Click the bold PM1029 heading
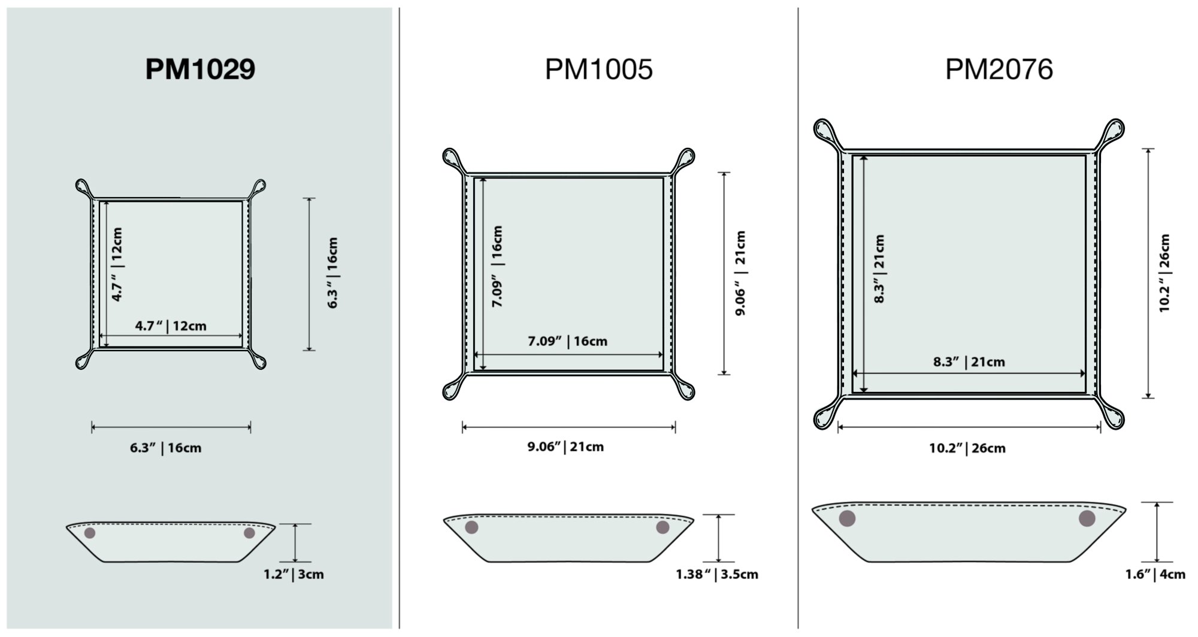point(200,69)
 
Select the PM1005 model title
point(598,69)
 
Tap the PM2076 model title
point(999,69)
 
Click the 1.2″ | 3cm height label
point(294,574)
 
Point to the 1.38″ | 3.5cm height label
point(717,574)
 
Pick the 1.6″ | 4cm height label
point(1155,574)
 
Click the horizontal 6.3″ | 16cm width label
point(166,448)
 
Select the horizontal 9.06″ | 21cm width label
point(565,446)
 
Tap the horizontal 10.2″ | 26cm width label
point(967,448)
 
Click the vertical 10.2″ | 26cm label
point(1164,273)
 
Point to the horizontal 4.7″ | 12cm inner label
point(171,326)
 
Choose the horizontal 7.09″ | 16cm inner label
point(567,341)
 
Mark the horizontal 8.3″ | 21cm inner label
point(969,361)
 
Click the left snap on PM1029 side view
point(90,533)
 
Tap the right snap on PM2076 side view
point(1087,518)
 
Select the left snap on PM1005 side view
point(471,527)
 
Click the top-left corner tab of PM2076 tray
point(825,131)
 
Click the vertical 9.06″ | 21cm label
point(740,273)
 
